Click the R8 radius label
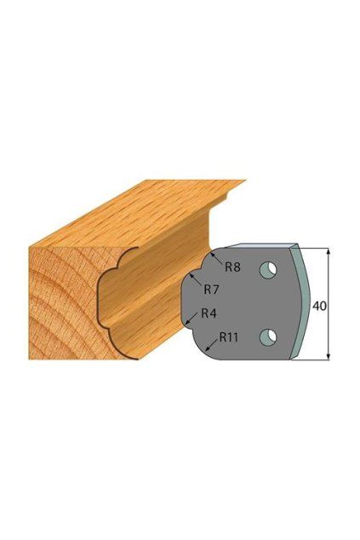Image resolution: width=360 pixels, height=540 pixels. [x=232, y=267]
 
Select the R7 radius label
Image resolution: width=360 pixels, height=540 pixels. [x=211, y=290]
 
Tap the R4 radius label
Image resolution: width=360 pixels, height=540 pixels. [x=209, y=313]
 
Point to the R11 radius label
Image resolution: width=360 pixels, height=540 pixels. [x=229, y=336]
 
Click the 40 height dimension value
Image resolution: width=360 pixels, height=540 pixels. [x=319, y=306]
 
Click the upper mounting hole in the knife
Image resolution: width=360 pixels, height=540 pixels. [x=268, y=270]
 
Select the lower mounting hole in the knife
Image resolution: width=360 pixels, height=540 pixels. [x=268, y=336]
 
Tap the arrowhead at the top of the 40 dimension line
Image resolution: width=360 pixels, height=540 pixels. [x=329, y=251]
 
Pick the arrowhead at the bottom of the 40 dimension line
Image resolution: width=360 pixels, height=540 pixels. [x=329, y=357]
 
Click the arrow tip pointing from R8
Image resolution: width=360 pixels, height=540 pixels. [x=210, y=253]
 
